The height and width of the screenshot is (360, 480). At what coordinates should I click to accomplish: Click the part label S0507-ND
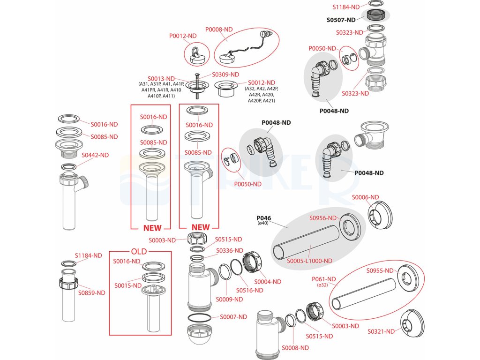pos(341,20)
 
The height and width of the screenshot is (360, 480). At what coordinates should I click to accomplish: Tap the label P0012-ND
pos(183,36)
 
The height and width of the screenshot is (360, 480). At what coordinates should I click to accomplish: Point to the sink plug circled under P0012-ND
pos(196,55)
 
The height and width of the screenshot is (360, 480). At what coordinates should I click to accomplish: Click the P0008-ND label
pos(219,30)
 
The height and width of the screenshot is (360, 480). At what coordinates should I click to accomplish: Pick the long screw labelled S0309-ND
pos(197,86)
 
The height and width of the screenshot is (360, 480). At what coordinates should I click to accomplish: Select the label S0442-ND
pos(95,155)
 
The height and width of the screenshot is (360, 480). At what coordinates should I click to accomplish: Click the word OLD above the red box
pos(139,252)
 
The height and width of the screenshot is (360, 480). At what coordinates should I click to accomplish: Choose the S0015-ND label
pos(128,285)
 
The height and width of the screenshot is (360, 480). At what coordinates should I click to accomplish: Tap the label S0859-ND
pos(91,293)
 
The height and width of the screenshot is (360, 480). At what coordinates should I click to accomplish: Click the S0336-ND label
pos(230,251)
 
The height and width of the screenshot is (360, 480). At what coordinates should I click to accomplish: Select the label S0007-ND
pos(233,317)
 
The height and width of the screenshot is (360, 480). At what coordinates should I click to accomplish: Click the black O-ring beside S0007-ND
pos(199,318)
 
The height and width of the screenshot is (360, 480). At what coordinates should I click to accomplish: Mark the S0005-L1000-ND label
pos(309,261)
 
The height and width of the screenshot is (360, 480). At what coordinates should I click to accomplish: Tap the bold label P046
pos(263,218)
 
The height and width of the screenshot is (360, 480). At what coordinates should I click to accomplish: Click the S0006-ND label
pos(365,197)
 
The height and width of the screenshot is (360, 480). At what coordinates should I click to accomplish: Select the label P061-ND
pos(323,279)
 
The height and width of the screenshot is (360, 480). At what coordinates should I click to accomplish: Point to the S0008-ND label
pos(295,348)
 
